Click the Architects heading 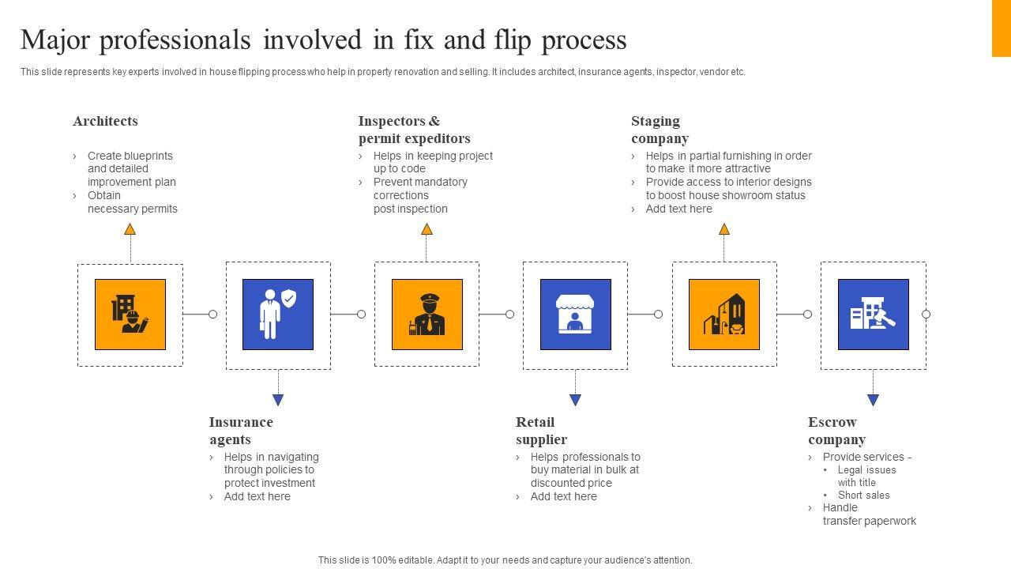click(105, 121)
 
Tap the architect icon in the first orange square click(130, 314)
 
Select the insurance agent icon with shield click(278, 314)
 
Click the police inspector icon click(427, 314)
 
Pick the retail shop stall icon click(575, 314)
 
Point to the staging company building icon click(724, 314)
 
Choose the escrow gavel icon click(873, 314)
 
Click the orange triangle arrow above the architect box click(130, 229)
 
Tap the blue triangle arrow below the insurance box click(278, 400)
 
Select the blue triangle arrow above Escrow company click(873, 400)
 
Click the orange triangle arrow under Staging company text click(724, 229)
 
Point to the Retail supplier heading click(541, 431)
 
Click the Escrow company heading click(836, 431)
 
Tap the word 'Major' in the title click(55, 40)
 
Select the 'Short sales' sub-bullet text click(863, 495)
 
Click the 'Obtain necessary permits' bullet click(132, 202)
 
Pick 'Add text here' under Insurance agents click(257, 496)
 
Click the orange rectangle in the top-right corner click(1001, 28)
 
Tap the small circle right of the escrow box click(926, 314)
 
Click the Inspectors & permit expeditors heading click(414, 130)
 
